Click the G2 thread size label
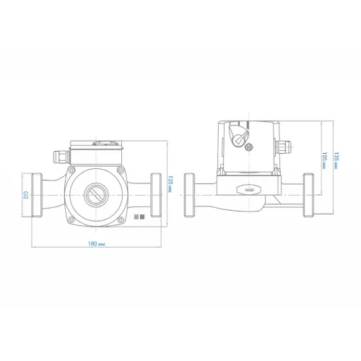coord(26,195)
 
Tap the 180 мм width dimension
coord(97,243)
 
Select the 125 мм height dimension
coord(170,184)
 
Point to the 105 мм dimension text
coord(325,160)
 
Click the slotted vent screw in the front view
coord(96,195)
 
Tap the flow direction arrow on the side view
coord(248,190)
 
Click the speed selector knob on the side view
coord(238,136)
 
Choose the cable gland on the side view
coord(283,147)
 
